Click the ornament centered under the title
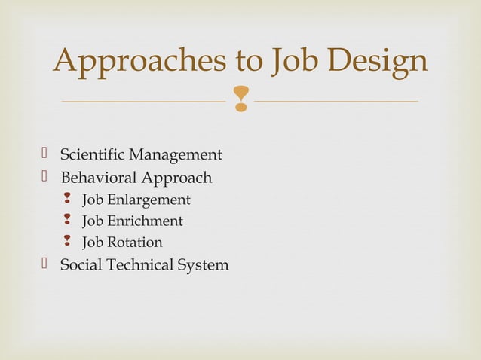pos(240,99)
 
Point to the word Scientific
pos(93,155)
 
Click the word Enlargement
pos(149,200)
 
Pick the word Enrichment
pos(145,221)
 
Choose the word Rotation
pos(134,243)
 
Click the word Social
pos(80,265)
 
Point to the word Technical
pos(139,265)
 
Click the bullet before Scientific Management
pos(45,154)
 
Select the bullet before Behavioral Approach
pos(45,177)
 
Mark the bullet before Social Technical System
pos(45,264)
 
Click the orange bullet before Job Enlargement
pos(68,200)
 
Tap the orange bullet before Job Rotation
pos(68,242)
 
